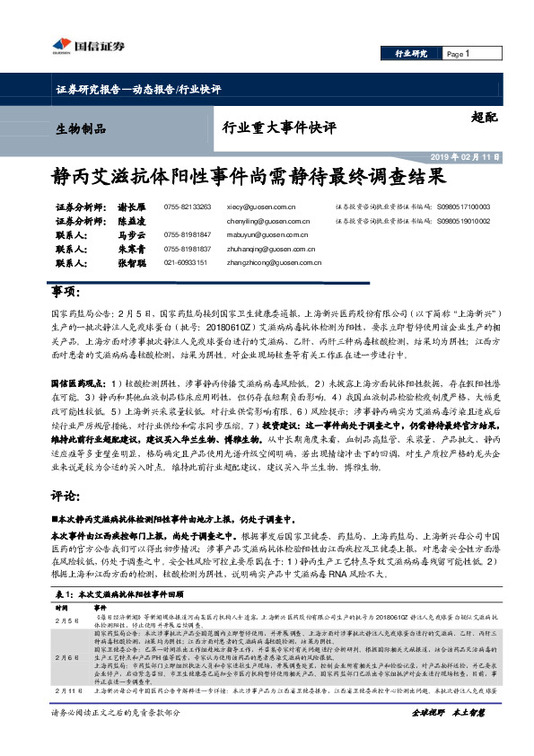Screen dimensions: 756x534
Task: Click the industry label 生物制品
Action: click(x=75, y=129)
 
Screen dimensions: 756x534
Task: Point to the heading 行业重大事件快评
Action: click(x=274, y=128)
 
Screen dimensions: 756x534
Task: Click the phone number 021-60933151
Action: click(x=186, y=262)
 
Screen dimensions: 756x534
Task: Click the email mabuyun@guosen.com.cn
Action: click(x=267, y=235)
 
